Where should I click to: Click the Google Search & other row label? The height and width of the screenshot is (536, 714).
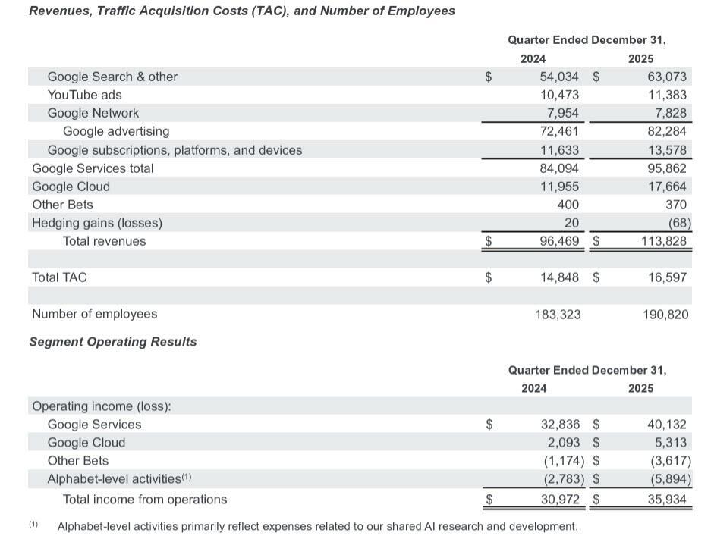112,77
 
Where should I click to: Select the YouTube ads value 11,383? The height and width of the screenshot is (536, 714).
667,95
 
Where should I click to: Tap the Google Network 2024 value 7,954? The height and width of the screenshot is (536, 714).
561,113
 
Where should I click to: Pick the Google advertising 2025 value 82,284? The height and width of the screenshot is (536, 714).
667,131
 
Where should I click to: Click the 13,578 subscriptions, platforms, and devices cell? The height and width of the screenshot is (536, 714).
667,150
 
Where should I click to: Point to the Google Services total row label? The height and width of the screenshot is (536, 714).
93,168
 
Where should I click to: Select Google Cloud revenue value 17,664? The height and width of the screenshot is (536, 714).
667,187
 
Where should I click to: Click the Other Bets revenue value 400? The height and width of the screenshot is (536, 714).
567,205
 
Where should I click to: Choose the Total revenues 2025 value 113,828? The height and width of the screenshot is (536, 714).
664,241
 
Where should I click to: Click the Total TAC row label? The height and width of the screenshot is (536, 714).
59,277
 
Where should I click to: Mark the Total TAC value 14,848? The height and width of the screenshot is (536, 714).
559,277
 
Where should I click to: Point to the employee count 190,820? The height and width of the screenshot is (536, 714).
665,314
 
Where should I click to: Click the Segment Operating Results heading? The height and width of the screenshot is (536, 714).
112,342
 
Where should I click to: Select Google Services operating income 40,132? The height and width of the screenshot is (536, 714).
667,425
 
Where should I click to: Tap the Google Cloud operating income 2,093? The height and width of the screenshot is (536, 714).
562,443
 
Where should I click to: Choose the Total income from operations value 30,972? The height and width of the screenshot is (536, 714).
559,500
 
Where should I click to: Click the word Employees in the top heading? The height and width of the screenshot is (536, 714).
419,11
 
